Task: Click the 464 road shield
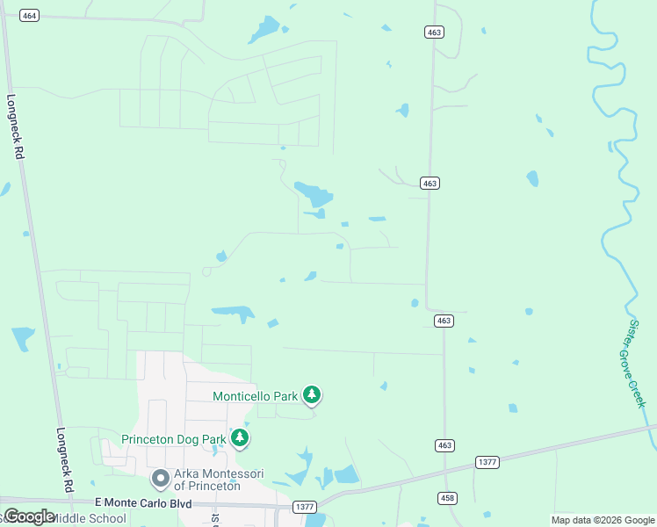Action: click(x=30, y=16)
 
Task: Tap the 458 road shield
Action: click(x=447, y=498)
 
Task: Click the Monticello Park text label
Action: click(x=256, y=396)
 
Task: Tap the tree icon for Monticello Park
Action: click(x=312, y=395)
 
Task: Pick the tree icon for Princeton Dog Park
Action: click(x=239, y=437)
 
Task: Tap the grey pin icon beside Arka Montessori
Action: click(x=160, y=479)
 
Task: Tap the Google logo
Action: click(x=30, y=516)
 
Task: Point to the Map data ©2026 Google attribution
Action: click(x=603, y=520)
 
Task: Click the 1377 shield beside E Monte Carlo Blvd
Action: click(x=305, y=507)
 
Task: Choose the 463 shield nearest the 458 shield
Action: click(x=444, y=446)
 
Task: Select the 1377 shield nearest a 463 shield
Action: click(x=487, y=461)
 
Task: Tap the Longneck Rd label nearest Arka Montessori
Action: click(x=65, y=458)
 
